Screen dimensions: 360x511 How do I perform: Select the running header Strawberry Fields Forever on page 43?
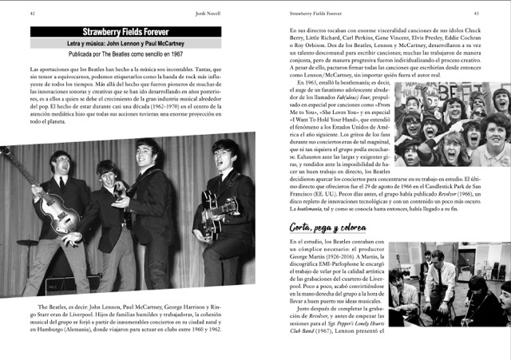[316, 13]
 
